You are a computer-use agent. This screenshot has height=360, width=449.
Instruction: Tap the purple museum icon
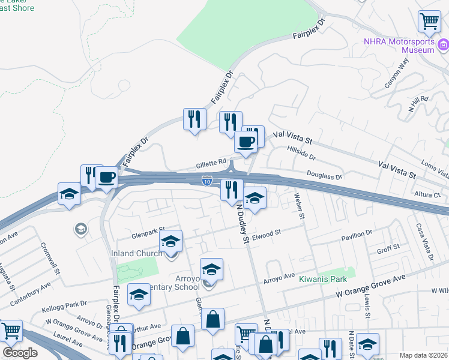click(443, 45)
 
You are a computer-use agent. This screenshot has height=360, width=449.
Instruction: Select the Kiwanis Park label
click(324, 280)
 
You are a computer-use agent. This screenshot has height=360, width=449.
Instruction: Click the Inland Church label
click(136, 253)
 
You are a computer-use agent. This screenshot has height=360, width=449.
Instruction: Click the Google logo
click(20, 353)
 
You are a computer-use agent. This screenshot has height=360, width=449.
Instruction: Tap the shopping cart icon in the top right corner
click(429, 22)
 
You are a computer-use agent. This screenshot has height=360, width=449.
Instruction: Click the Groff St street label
click(388, 247)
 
